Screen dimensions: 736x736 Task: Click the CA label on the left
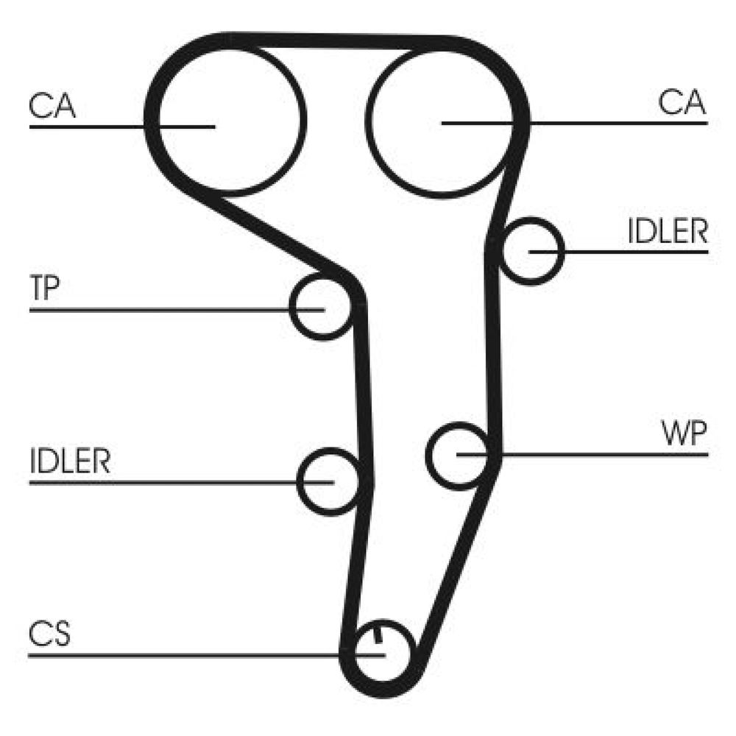click(x=52, y=105)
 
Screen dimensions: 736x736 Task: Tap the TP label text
click(x=44, y=290)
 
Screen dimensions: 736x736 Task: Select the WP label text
click(x=684, y=434)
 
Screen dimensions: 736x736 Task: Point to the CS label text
click(x=50, y=634)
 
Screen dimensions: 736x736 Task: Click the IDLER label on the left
click(x=70, y=461)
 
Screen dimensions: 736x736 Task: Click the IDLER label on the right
click(x=668, y=232)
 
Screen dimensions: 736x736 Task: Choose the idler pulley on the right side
click(x=531, y=251)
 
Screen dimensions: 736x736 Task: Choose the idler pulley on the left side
click(x=329, y=481)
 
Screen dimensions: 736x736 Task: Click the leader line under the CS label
click(x=184, y=654)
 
